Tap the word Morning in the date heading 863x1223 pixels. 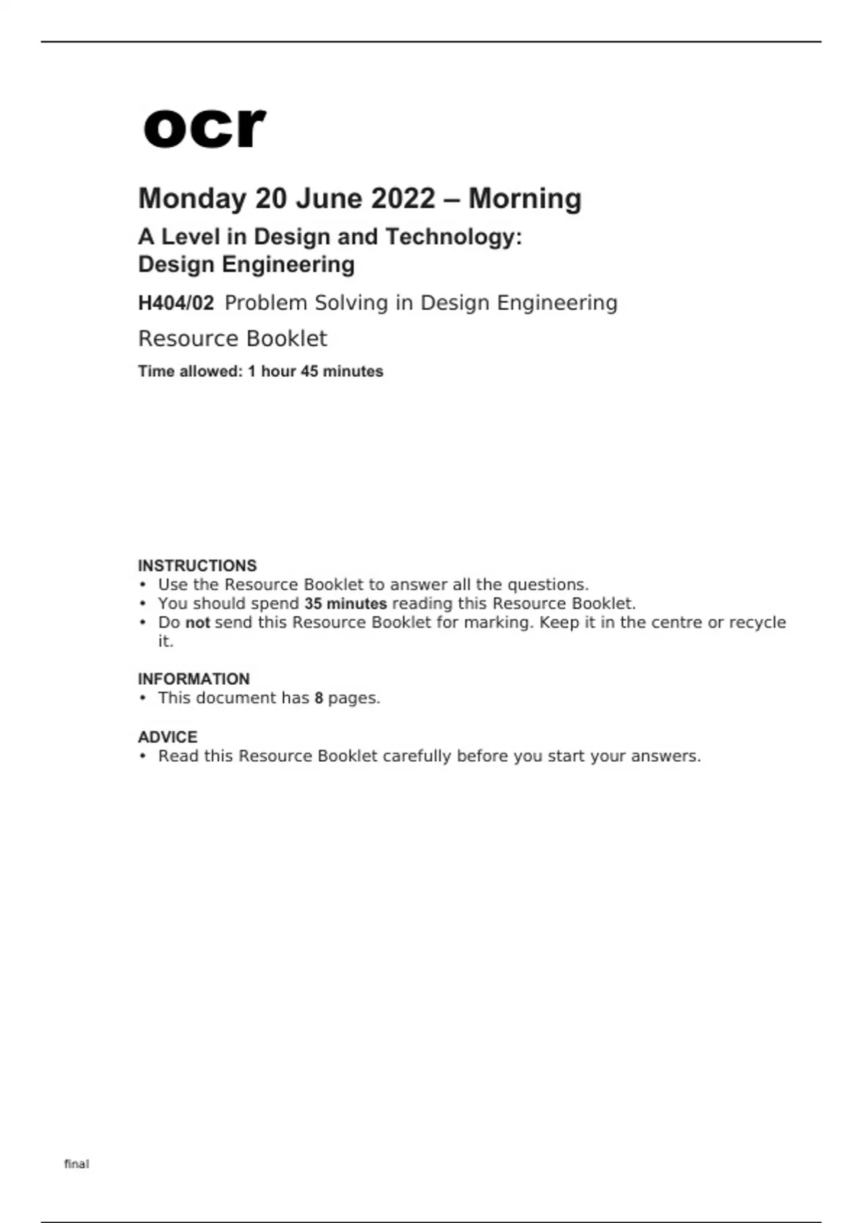[x=525, y=199]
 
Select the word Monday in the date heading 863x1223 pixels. [x=192, y=199]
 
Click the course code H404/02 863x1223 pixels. [x=175, y=303]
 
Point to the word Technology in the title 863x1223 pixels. [x=454, y=237]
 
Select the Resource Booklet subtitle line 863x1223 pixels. [x=232, y=338]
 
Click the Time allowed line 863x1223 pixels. [x=260, y=371]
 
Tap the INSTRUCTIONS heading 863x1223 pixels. [x=197, y=565]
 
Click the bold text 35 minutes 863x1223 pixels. [x=345, y=604]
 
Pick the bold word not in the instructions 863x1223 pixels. [x=197, y=622]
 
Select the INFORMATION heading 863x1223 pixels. [x=193, y=679]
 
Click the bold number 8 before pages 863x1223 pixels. [x=319, y=698]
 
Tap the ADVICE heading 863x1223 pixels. [x=168, y=737]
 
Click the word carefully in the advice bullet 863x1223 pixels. [x=416, y=756]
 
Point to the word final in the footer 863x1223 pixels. [x=76, y=1163]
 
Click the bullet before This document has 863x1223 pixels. [x=143, y=698]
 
